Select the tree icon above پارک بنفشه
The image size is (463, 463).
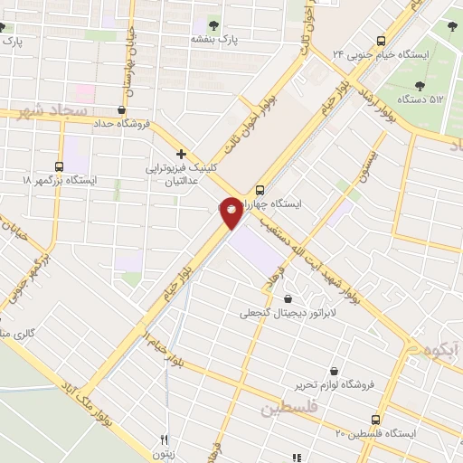point(214,24)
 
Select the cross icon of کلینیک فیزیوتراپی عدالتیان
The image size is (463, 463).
point(182,155)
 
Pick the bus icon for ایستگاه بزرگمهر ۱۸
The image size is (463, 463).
point(60,167)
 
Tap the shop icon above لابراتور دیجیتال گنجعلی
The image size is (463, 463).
point(288,298)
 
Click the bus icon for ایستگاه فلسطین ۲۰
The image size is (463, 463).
point(376,419)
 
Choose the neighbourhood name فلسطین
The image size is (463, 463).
point(292,409)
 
